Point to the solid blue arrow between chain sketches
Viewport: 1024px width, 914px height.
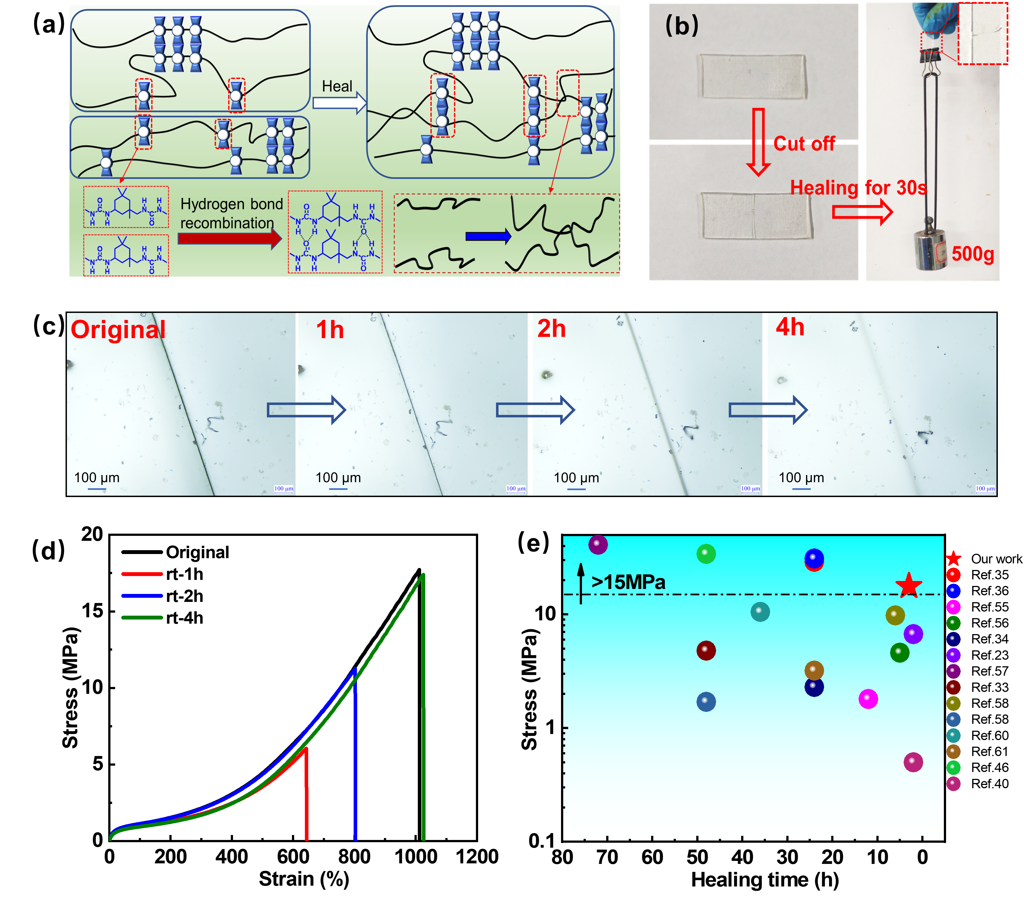click(x=488, y=236)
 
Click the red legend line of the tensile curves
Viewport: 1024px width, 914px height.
click(x=142, y=574)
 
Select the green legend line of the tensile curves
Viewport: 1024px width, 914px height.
click(x=142, y=618)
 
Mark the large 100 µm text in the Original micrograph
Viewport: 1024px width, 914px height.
click(x=97, y=478)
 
